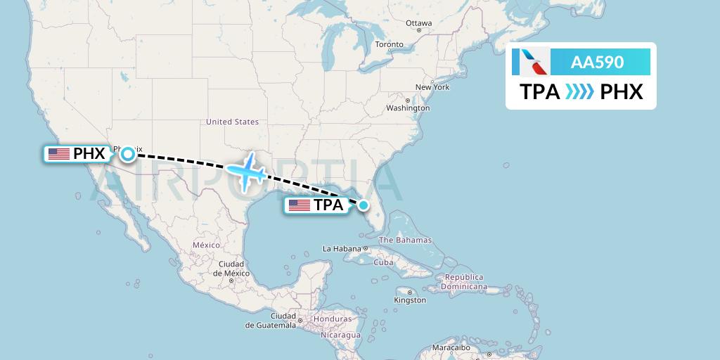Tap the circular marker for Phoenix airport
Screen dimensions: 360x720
tap(128, 154)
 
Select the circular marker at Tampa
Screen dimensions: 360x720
tap(364, 205)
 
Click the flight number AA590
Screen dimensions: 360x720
tap(597, 63)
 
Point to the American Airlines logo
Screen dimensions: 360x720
tap(531, 63)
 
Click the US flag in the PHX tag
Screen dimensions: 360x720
tap(59, 154)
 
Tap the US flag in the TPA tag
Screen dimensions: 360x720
tap(300, 205)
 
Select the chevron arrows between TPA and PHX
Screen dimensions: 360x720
tap(580, 92)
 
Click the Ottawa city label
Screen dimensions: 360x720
tap(418, 23)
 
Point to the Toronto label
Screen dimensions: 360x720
tap(389, 44)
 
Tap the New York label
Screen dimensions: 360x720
tap(432, 87)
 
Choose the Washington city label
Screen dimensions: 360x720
tap(408, 108)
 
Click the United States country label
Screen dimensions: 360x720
tap(232, 122)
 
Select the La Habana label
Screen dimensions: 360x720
tap(340, 249)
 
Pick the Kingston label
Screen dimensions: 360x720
tap(410, 300)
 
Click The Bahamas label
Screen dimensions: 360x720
tap(405, 240)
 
